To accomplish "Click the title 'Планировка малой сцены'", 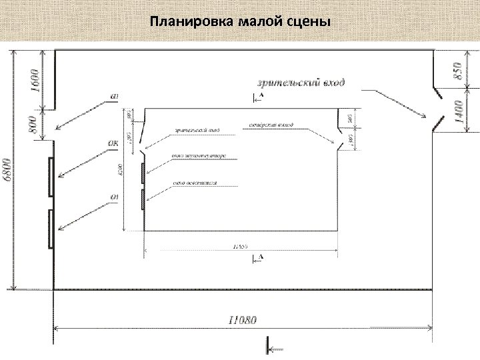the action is [240, 22].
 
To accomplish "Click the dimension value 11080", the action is [239, 319].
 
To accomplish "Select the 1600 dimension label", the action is [34, 79].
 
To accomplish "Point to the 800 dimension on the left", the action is [34, 124].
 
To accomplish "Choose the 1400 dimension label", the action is [457, 111].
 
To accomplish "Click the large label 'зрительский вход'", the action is [301, 83].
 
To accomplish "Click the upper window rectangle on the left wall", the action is [51, 177].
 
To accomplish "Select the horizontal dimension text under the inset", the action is [241, 247].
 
